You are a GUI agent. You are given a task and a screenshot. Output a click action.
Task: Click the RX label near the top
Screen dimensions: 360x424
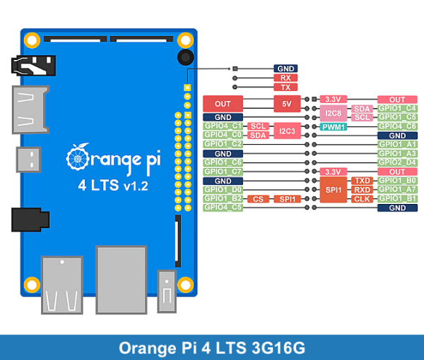pyautogui.click(x=285, y=78)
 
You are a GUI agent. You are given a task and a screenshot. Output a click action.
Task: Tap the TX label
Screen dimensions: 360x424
pyautogui.click(x=285, y=87)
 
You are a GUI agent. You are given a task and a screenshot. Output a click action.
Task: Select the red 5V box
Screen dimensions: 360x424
pyautogui.click(x=286, y=104)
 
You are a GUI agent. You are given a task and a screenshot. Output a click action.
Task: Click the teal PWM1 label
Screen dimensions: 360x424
pyautogui.click(x=333, y=127)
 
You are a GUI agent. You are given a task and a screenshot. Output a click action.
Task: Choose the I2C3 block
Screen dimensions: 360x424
pyautogui.click(x=286, y=131)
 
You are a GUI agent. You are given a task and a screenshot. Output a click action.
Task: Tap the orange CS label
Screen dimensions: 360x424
pyautogui.click(x=259, y=199)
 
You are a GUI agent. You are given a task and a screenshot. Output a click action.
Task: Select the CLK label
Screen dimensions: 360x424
pyautogui.click(x=362, y=199)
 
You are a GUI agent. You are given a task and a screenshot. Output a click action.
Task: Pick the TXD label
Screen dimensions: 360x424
pyautogui.click(x=362, y=181)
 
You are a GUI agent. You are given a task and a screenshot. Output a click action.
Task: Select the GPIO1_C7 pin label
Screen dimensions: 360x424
pyautogui.click(x=223, y=172)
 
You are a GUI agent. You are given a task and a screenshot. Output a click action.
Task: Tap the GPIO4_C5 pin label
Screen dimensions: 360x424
pyautogui.click(x=223, y=208)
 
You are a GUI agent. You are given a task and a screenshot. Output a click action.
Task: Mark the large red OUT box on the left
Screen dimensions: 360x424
pyautogui.click(x=223, y=104)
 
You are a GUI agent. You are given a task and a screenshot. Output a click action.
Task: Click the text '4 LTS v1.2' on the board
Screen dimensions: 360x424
pyautogui.click(x=112, y=187)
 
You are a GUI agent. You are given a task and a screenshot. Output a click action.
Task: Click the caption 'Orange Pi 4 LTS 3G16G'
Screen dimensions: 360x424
pyautogui.click(x=211, y=347)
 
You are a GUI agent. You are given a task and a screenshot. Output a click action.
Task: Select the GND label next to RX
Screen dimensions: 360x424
pyautogui.click(x=285, y=68)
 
